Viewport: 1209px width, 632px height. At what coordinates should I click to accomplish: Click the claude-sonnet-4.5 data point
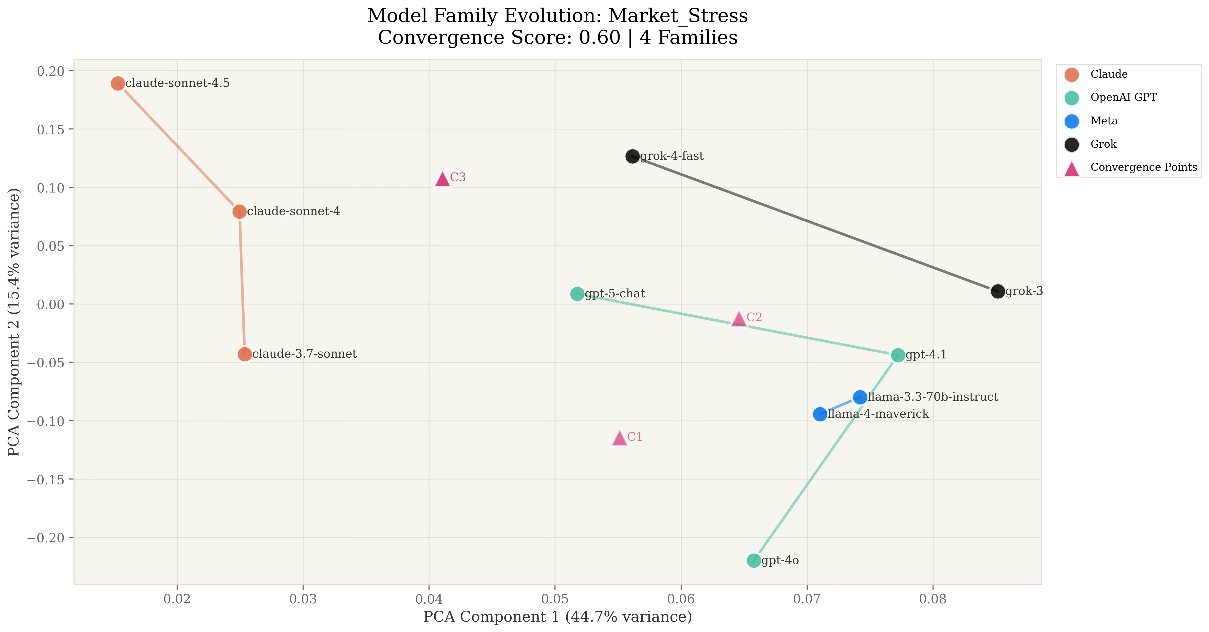pyautogui.click(x=118, y=84)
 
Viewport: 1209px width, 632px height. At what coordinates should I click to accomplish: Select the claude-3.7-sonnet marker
pyautogui.click(x=245, y=354)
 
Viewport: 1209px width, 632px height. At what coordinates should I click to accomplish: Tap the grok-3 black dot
pyautogui.click(x=997, y=291)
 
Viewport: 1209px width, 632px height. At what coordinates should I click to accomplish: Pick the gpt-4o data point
pyautogui.click(x=754, y=561)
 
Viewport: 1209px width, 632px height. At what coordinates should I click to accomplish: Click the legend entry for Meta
pyautogui.click(x=1104, y=121)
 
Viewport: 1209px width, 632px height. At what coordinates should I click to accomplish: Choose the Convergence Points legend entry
pyautogui.click(x=1143, y=167)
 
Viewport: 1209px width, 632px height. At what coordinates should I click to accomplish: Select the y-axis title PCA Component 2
pyautogui.click(x=14, y=322)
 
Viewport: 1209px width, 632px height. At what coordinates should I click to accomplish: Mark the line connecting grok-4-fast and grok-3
pyautogui.click(x=815, y=224)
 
